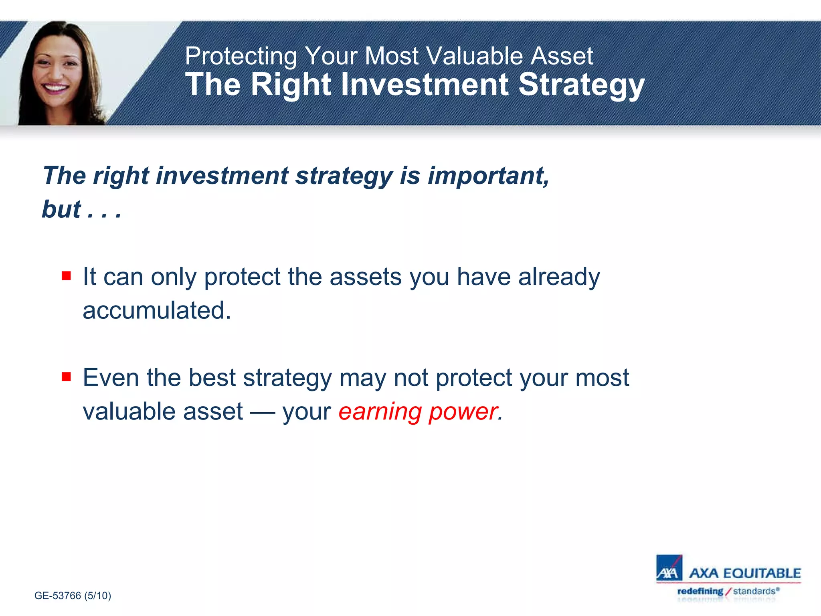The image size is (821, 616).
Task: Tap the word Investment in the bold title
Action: pos(425,85)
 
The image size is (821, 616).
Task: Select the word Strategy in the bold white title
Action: pos(581,85)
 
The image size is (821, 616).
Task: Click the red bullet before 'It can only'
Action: pos(67,276)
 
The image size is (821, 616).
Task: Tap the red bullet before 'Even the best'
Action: pos(67,377)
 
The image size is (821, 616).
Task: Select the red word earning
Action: pos(380,411)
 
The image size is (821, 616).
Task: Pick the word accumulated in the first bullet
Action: pos(157,311)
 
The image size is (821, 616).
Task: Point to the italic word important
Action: pos(488,176)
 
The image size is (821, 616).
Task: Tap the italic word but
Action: pos(61,209)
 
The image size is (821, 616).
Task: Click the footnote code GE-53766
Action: pos(58,596)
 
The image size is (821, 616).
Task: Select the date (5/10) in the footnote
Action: pos(97,596)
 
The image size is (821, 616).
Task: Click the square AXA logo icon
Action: pos(669,568)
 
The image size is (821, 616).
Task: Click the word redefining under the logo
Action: pos(700,591)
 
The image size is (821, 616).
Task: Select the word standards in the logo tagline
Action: pos(754,591)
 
